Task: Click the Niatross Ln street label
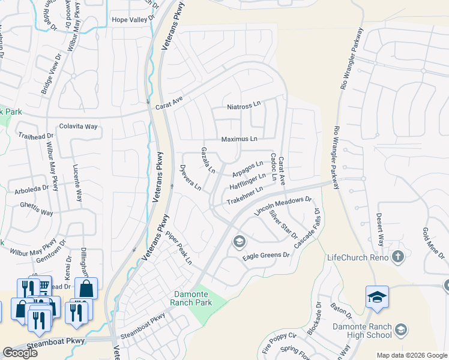coord(244,106)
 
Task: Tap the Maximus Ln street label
coord(239,139)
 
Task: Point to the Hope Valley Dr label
coord(133,20)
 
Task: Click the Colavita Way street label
coord(78,127)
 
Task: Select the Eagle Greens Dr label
coord(266,256)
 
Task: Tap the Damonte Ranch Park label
coord(193,298)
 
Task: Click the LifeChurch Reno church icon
coord(397,257)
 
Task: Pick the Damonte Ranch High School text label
coord(363,331)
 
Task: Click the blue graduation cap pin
coord(377,297)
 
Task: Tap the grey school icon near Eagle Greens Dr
coord(239,242)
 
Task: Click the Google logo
coord(20,353)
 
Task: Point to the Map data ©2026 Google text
coord(412,355)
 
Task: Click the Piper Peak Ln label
coord(179,248)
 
